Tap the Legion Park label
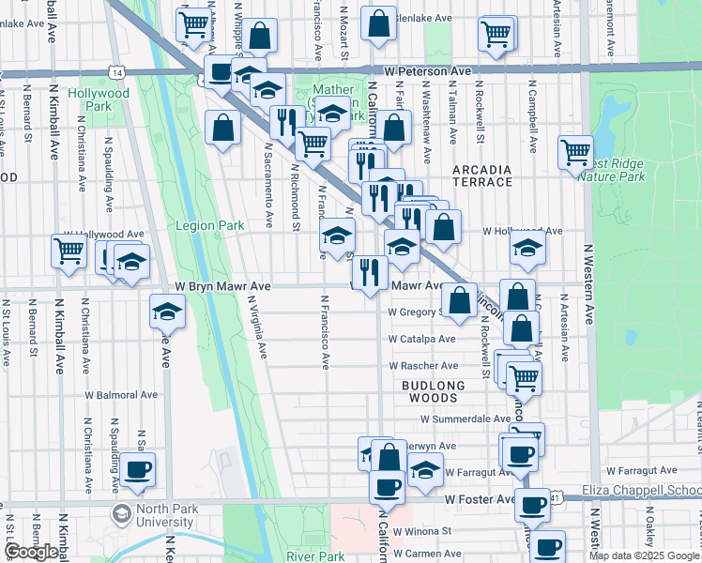[x=210, y=225]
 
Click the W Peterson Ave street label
[x=427, y=70]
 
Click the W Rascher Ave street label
[x=423, y=366]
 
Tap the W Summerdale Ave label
[x=465, y=419]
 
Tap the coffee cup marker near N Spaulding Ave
[x=137, y=469]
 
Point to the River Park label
[x=316, y=556]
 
